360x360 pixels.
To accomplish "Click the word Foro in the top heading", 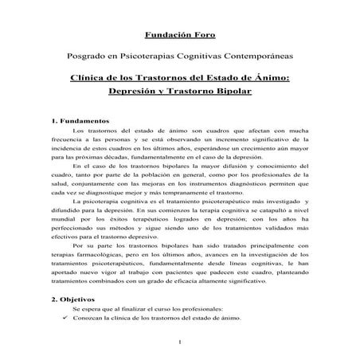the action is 203,35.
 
